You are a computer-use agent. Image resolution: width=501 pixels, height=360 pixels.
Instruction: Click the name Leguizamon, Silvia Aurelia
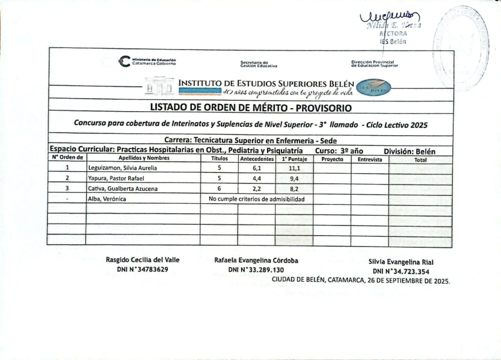(x=122, y=168)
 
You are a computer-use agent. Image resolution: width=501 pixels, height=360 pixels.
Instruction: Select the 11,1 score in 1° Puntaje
(x=294, y=169)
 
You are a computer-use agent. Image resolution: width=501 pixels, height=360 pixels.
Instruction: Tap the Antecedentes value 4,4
(x=256, y=178)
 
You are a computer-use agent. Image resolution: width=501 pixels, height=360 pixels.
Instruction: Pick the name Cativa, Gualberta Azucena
(x=123, y=188)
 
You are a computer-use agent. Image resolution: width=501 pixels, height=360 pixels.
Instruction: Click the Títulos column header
(x=219, y=159)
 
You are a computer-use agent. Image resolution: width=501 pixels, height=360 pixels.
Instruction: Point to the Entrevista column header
(x=370, y=159)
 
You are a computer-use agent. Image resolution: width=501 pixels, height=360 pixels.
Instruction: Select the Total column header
(x=420, y=160)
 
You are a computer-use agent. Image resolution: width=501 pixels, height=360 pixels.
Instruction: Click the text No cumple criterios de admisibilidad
(x=257, y=199)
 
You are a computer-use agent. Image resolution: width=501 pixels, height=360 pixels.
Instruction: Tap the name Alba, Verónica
(x=107, y=199)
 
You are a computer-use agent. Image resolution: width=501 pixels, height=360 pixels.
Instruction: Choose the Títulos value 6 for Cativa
(x=219, y=188)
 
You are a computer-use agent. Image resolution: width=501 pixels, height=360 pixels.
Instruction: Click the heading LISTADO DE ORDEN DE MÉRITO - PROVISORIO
(x=251, y=108)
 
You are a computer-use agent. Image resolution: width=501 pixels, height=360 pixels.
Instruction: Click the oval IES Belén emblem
(x=373, y=88)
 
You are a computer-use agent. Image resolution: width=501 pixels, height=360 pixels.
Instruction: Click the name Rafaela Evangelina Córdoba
(x=256, y=260)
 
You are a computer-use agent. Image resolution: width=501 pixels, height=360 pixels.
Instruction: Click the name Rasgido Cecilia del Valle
(x=143, y=260)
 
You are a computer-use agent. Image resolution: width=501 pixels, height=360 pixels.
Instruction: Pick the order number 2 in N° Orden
(x=67, y=178)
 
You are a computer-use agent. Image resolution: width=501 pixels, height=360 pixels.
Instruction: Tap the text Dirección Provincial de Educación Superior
(x=374, y=64)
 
